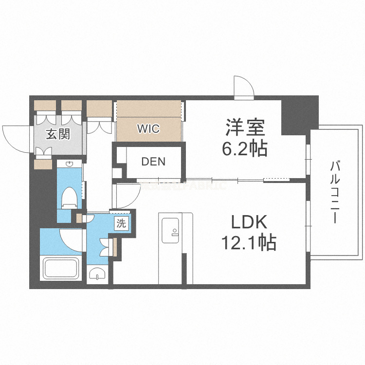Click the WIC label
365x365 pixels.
(x=148, y=128)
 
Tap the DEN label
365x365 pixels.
(x=153, y=162)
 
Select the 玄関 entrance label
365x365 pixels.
(x=58, y=134)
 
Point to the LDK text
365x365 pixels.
(x=248, y=222)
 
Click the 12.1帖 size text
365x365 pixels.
(x=250, y=242)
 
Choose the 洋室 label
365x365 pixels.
(x=245, y=128)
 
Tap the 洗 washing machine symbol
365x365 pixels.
(x=121, y=224)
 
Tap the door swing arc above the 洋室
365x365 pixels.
(x=243, y=87)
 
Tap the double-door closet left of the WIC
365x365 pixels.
(x=100, y=117)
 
